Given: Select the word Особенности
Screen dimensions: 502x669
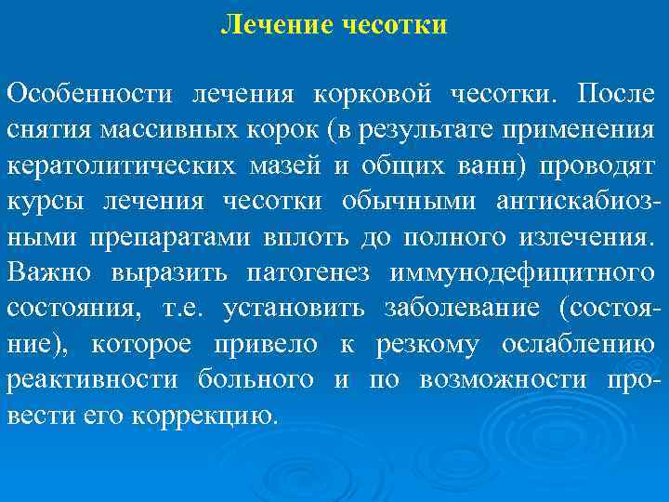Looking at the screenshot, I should (x=91, y=94).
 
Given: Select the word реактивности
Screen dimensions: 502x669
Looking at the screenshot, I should (x=94, y=381).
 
